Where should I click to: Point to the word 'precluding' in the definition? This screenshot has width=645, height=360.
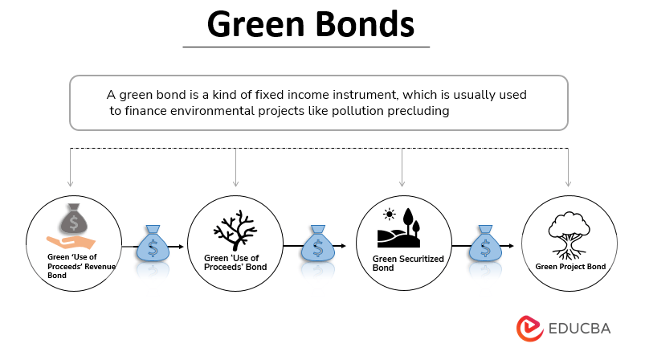[414, 111]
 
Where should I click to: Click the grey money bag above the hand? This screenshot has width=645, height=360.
[73, 219]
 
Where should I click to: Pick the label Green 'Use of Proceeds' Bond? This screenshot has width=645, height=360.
[235, 263]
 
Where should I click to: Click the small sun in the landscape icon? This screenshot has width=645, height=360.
[390, 214]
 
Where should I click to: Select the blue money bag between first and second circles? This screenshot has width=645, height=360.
[152, 245]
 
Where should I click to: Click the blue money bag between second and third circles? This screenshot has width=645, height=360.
[317, 245]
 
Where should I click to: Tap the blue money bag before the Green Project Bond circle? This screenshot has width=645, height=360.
[484, 245]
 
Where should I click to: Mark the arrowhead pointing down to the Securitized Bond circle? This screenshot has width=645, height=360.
[402, 183]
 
